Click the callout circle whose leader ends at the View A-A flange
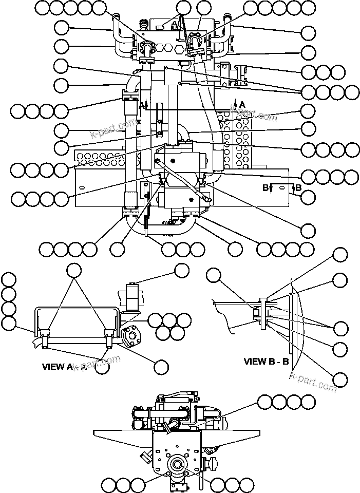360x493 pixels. point(161,366)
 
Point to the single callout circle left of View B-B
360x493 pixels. point(214,277)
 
